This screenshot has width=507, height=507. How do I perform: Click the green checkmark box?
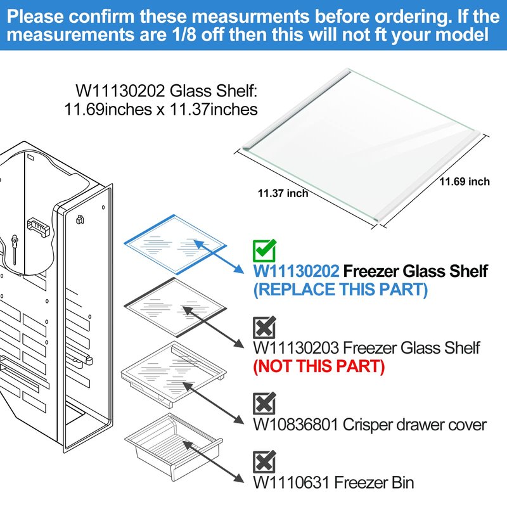pyautogui.click(x=264, y=250)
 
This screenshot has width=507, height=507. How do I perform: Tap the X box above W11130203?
pyautogui.click(x=264, y=327)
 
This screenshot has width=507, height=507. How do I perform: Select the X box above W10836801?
pyautogui.click(x=264, y=403)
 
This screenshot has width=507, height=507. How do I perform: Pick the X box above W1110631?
pyautogui.click(x=264, y=462)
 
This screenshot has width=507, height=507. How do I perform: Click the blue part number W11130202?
pyautogui.click(x=296, y=271)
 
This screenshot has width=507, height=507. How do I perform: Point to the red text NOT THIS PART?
pyautogui.click(x=319, y=366)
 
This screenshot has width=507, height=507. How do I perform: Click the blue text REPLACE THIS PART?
pyautogui.click(x=341, y=290)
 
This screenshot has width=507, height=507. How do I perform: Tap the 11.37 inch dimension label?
pyautogui.click(x=283, y=193)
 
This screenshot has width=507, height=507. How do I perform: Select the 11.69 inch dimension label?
pyautogui.click(x=465, y=182)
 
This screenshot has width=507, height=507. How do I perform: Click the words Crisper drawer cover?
pyautogui.click(x=414, y=425)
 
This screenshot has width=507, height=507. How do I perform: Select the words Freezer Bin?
pyautogui.click(x=374, y=482)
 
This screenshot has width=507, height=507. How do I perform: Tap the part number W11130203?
pyautogui.click(x=296, y=348)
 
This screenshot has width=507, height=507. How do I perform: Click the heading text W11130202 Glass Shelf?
pyautogui.click(x=166, y=91)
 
